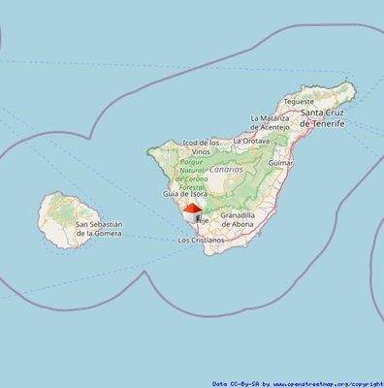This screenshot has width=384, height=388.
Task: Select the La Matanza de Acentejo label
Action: pos(270,122)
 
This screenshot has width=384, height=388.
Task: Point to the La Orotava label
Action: pos(254,141)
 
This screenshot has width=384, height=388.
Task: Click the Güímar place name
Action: pos(279,163)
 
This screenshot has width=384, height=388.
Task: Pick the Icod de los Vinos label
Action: pos(201,147)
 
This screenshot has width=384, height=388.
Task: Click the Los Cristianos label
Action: pos(201,239)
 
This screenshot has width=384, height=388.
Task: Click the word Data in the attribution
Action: pos(220,383)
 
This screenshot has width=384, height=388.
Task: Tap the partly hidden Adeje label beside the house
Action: pos(204,220)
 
